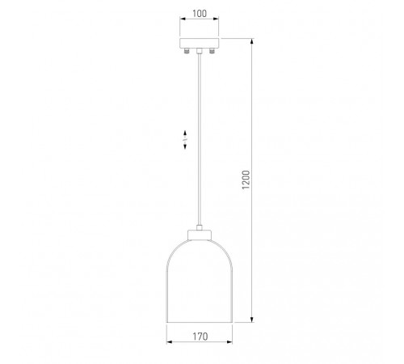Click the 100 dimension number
pyautogui.click(x=200, y=13)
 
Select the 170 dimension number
pyautogui.click(x=200, y=336)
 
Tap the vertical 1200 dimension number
pyautogui.click(x=246, y=180)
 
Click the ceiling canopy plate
pyautogui.click(x=200, y=43)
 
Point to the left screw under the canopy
pyautogui.click(x=187, y=51)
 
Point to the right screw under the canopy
pyautogui.click(x=212, y=51)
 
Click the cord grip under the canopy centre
pyautogui.click(x=200, y=51)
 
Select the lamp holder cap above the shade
pyautogui.click(x=200, y=235)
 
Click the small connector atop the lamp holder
pyautogui.click(x=200, y=227)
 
